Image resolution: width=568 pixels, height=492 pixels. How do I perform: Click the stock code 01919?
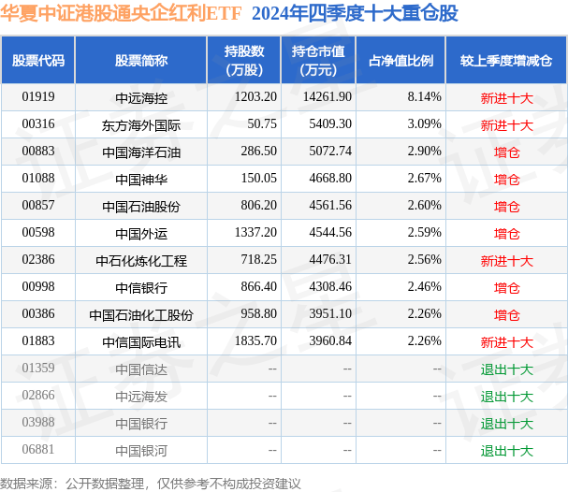point(38,96)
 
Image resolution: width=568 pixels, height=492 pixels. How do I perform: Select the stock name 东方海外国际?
point(140,123)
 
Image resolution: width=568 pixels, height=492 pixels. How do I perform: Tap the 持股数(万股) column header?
point(244,60)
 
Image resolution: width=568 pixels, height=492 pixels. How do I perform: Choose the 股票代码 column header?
point(38,60)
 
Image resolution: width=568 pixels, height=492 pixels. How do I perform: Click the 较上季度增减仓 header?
point(505,60)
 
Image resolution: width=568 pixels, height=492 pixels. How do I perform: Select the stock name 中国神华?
point(140,178)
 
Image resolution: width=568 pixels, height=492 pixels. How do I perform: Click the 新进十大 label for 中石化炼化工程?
point(506,260)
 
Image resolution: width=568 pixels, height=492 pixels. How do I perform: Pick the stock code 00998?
point(38,287)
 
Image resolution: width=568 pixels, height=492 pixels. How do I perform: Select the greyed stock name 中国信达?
point(140,369)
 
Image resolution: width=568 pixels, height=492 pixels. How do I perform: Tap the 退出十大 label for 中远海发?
point(506,397)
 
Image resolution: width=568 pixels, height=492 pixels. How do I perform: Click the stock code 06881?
point(38,451)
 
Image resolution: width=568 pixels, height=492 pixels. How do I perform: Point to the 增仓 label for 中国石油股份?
point(506,206)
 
